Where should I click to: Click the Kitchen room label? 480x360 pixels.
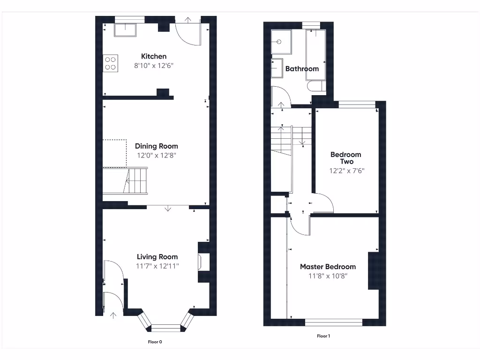pos(154,56)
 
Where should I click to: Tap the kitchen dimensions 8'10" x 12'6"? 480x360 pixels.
pos(154,66)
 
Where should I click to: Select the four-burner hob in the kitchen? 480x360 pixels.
pos(111,63)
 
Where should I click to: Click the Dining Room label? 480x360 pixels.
pos(156,146)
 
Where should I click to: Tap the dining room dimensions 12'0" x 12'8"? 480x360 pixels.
pos(156,155)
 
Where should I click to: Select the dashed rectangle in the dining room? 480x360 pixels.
pos(114,153)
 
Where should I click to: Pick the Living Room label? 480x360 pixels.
pos(157,256)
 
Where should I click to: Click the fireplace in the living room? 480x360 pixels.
pos(203,262)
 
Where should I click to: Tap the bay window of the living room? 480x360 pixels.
pos(165,325)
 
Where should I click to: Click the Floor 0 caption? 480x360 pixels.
pos(155,342)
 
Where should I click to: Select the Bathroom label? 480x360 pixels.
pos(302,68)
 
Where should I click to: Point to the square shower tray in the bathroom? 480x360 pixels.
pos(281,41)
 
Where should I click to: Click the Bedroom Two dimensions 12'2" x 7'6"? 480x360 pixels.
pos(346,171)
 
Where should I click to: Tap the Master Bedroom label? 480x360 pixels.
pos(328,266)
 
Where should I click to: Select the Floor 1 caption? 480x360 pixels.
pos(323,336)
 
